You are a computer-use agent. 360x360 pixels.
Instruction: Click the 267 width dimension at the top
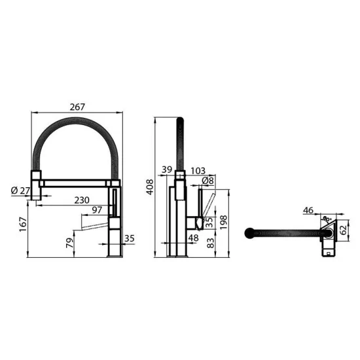pos(78,107)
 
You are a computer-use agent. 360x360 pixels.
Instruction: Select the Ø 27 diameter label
pos(20,190)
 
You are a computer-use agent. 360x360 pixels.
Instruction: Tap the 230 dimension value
pos(82,200)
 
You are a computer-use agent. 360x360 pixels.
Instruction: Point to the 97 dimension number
pos(96,209)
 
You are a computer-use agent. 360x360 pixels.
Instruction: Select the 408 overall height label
pos(150,188)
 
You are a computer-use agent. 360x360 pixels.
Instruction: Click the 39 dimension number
pos(166,170)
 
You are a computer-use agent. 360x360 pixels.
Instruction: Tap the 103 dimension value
pos(198,170)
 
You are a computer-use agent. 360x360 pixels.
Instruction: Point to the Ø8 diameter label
pos(207,180)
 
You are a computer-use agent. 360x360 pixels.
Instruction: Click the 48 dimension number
pos(194,238)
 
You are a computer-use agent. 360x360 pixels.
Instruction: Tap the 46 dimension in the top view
pos(308,210)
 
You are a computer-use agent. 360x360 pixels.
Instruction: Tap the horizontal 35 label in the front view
pos(128,239)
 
